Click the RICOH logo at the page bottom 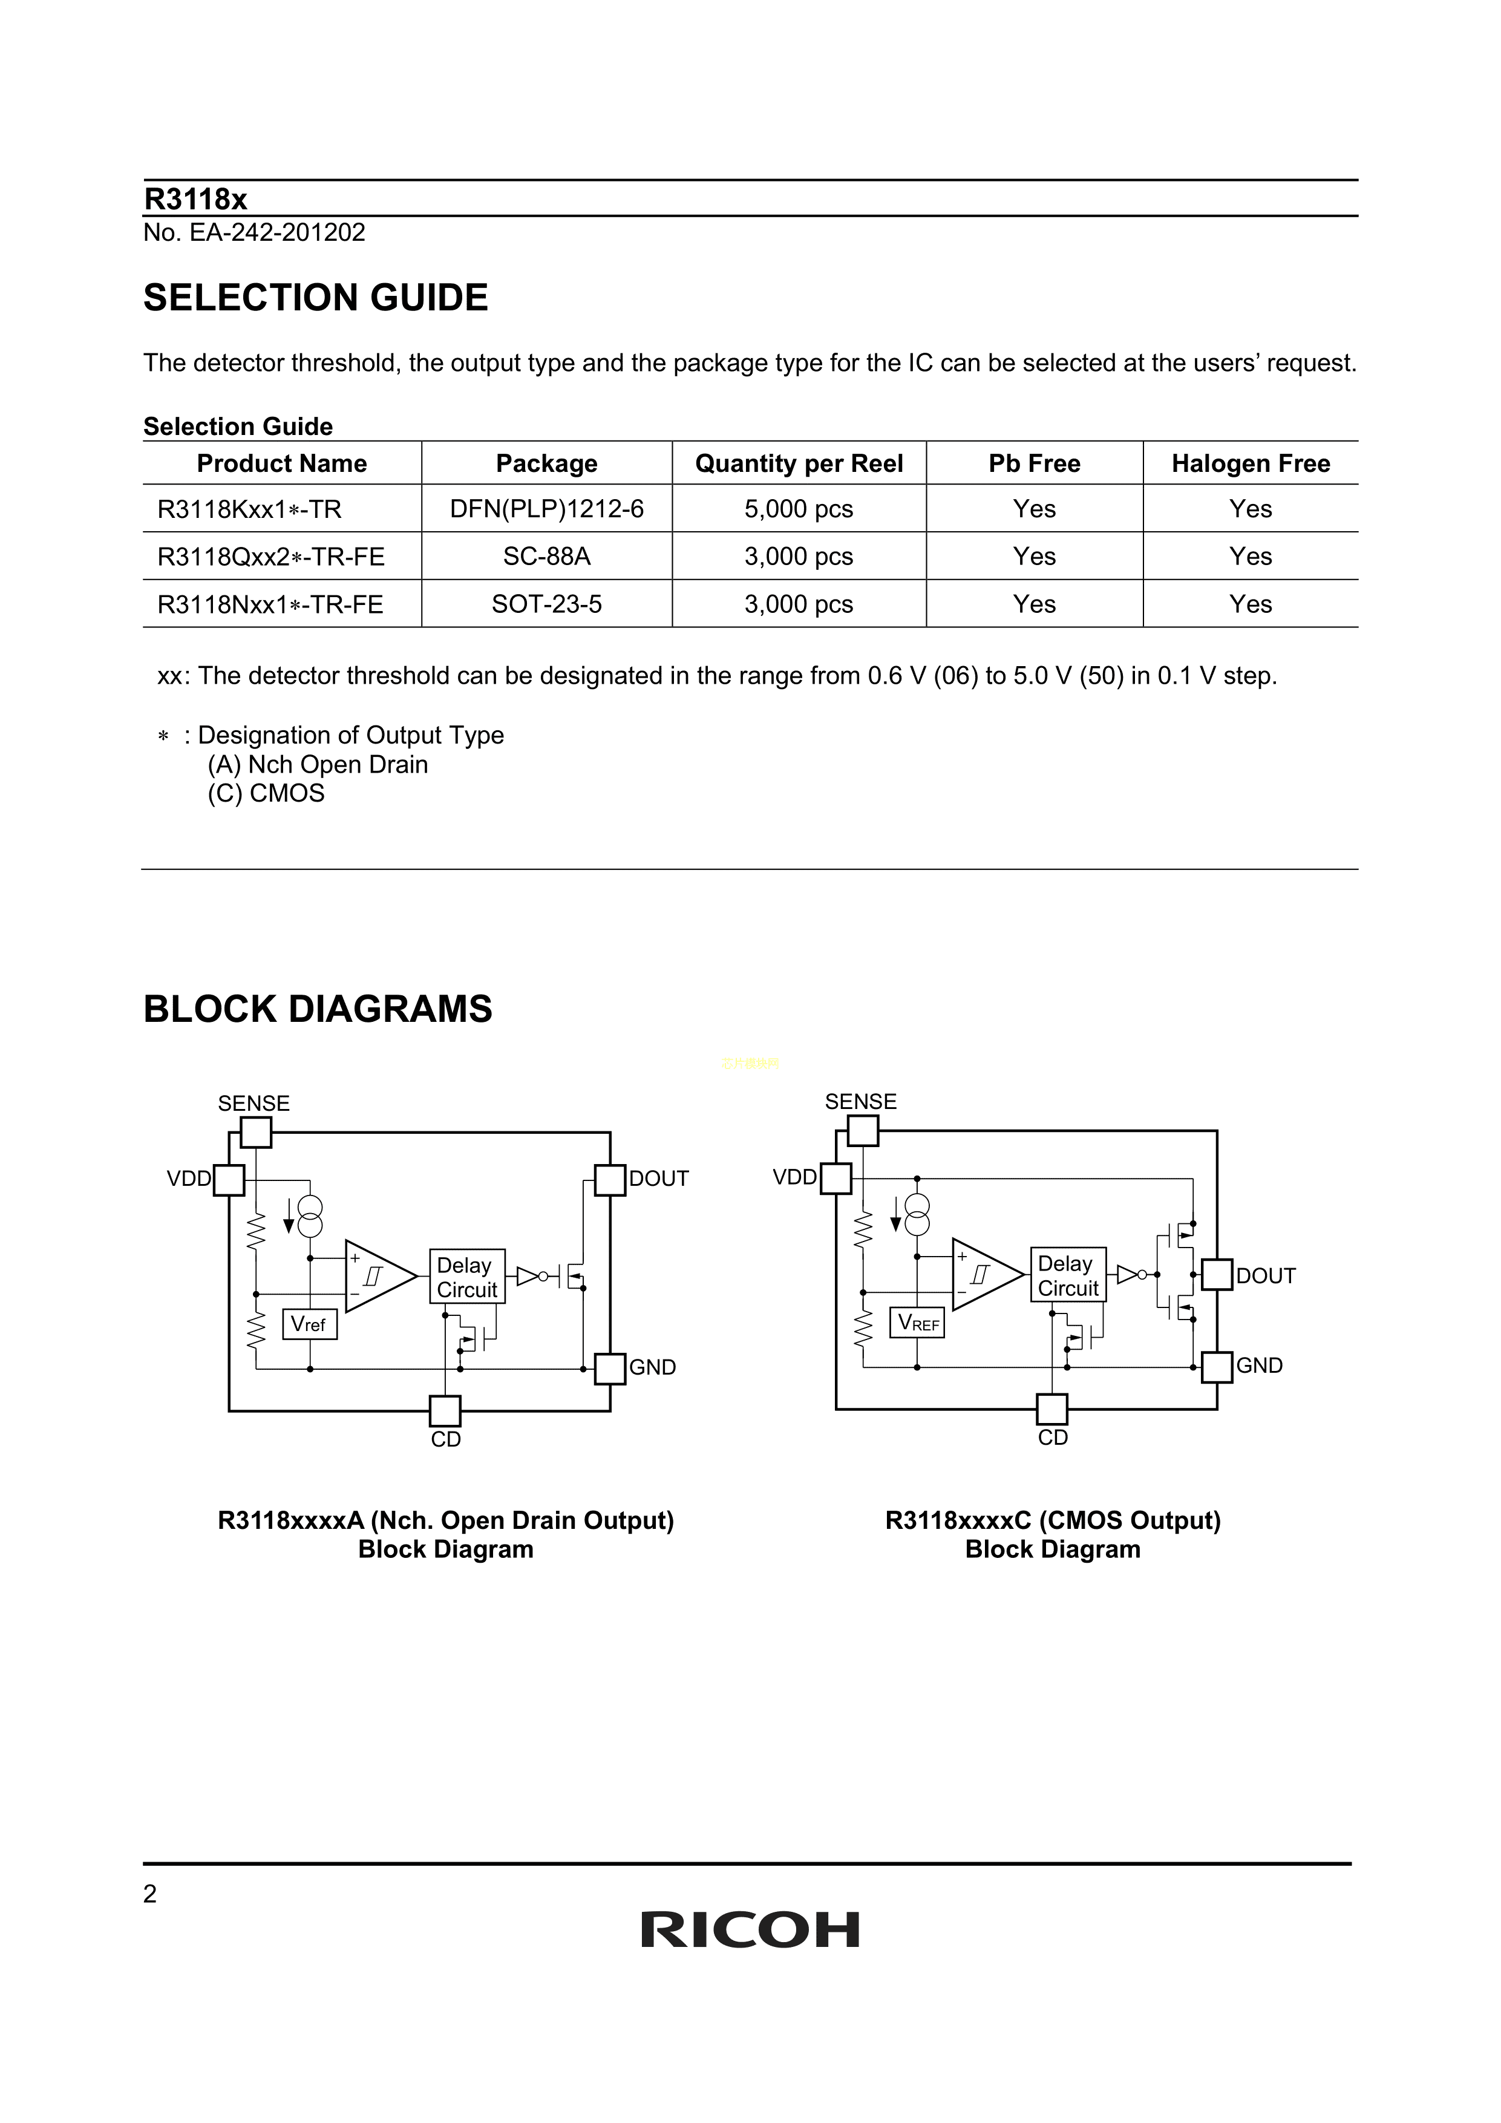(x=750, y=1930)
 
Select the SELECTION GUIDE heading (x=315, y=298)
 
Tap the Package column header (x=546, y=463)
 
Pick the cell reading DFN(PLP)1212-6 (x=546, y=509)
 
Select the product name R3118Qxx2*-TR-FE (x=271, y=557)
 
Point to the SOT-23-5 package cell (x=546, y=604)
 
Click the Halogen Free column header (x=1251, y=463)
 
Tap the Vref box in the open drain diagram (x=309, y=1324)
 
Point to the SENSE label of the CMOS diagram (x=860, y=1101)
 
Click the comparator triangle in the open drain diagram (x=378, y=1276)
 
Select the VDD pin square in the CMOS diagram (x=836, y=1178)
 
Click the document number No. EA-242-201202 (x=254, y=232)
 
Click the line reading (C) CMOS (x=266, y=793)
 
